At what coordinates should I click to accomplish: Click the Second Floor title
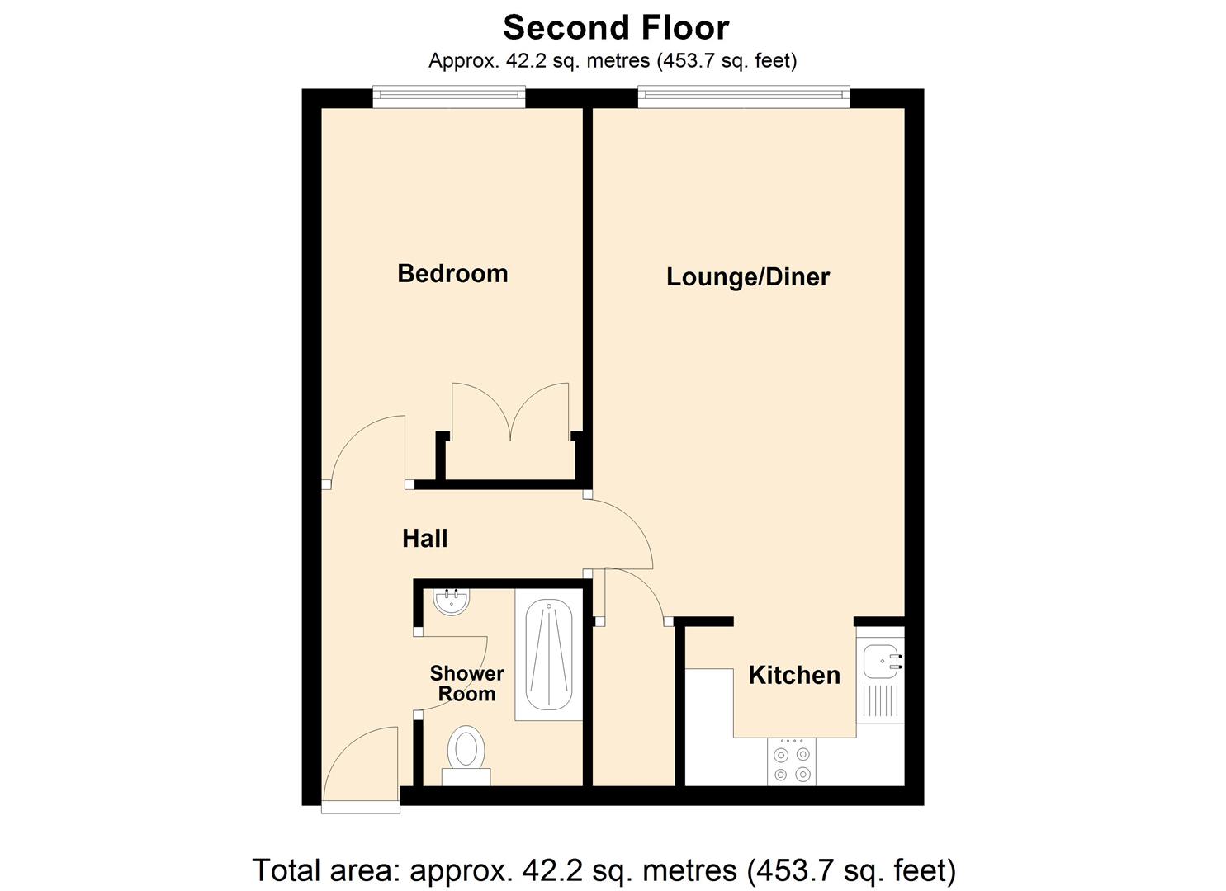click(615, 27)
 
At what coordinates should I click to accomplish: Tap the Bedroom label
click(452, 273)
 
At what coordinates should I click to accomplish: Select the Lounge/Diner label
click(747, 276)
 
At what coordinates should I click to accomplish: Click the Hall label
click(424, 539)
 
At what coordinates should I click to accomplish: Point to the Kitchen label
click(793, 675)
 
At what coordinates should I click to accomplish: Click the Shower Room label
click(466, 684)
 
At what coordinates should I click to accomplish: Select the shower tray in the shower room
click(549, 655)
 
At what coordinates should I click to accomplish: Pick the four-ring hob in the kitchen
click(791, 761)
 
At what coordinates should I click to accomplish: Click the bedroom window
click(448, 97)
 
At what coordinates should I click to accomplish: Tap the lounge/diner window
click(743, 97)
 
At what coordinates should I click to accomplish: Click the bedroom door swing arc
click(363, 450)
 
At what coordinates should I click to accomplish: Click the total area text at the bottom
click(604, 870)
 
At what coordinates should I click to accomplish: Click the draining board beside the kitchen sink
click(880, 701)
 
